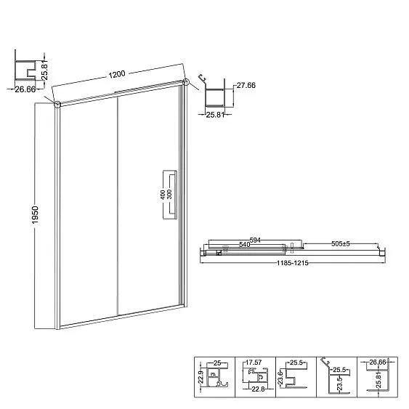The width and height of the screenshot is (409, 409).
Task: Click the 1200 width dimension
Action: coord(117,74)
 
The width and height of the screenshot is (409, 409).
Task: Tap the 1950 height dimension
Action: coord(35,215)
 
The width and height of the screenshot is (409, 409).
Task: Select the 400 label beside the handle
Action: coord(163,195)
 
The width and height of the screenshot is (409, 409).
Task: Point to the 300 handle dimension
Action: coord(169,194)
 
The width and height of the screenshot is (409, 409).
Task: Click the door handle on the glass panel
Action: coord(170,195)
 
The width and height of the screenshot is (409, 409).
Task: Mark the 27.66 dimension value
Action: coord(246,85)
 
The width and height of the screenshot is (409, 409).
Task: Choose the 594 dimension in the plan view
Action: coord(255,240)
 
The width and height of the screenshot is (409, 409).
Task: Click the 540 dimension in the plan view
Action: coord(245,244)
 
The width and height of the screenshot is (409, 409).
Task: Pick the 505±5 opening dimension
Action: coord(340,243)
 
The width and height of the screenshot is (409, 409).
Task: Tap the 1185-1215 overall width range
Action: coord(293,263)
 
